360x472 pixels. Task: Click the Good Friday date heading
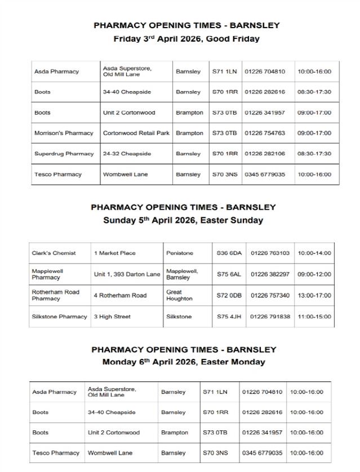click(x=186, y=39)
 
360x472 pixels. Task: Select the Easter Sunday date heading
click(x=183, y=220)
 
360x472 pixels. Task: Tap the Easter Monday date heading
click(x=183, y=362)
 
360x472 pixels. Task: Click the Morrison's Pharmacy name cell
click(x=64, y=133)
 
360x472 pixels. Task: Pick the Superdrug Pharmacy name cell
click(x=64, y=153)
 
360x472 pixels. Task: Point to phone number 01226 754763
click(x=265, y=133)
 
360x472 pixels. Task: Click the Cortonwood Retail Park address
click(x=136, y=133)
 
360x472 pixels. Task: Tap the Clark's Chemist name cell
click(x=54, y=253)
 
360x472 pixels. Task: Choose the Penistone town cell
click(x=180, y=253)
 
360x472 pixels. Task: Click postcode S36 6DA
click(x=229, y=253)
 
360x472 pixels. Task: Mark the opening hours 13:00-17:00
click(x=314, y=295)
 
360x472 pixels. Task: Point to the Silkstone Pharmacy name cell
click(x=59, y=317)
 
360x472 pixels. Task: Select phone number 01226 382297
click(x=270, y=274)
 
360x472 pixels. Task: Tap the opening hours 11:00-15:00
click(x=314, y=317)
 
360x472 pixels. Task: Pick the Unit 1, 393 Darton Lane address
click(x=127, y=274)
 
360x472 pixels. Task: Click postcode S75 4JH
click(x=229, y=317)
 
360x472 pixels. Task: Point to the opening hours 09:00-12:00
click(x=314, y=274)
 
